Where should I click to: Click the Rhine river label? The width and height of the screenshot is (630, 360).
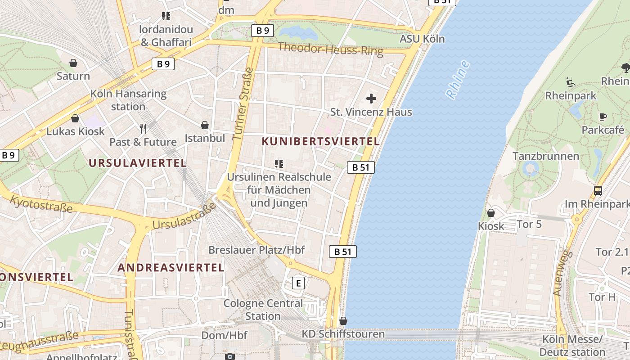[x=458, y=80]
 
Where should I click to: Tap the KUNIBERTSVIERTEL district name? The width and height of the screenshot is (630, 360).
[x=321, y=141]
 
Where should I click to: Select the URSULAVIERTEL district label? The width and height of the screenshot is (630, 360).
[x=138, y=163]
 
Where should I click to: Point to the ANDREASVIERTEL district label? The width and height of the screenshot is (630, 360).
[x=171, y=268]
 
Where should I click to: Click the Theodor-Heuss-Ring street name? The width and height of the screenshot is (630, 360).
[x=330, y=49]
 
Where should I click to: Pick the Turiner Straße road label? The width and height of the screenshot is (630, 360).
[x=243, y=103]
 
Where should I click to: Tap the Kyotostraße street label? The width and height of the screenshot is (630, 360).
[x=41, y=204]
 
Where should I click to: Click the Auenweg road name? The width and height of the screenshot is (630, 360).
[x=562, y=273]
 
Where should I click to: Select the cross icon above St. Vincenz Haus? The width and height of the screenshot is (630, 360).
[x=371, y=98]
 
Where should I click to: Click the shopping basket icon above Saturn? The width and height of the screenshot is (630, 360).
[x=73, y=63]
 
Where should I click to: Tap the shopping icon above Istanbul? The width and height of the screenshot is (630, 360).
[x=205, y=125]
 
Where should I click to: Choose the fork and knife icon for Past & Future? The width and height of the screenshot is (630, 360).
[x=143, y=129]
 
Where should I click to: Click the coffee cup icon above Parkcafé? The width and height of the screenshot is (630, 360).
[x=603, y=117]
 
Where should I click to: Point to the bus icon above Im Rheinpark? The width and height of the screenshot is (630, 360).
[x=598, y=191]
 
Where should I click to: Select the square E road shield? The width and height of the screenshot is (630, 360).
[x=298, y=283]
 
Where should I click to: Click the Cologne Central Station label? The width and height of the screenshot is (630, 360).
[x=263, y=310]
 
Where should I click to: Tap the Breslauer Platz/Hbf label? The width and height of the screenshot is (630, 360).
[x=256, y=250]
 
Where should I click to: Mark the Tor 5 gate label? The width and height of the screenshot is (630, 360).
[x=530, y=224]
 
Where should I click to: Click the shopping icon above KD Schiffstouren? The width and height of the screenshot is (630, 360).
[x=343, y=321]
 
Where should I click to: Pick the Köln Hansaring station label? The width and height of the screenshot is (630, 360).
[x=128, y=100]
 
